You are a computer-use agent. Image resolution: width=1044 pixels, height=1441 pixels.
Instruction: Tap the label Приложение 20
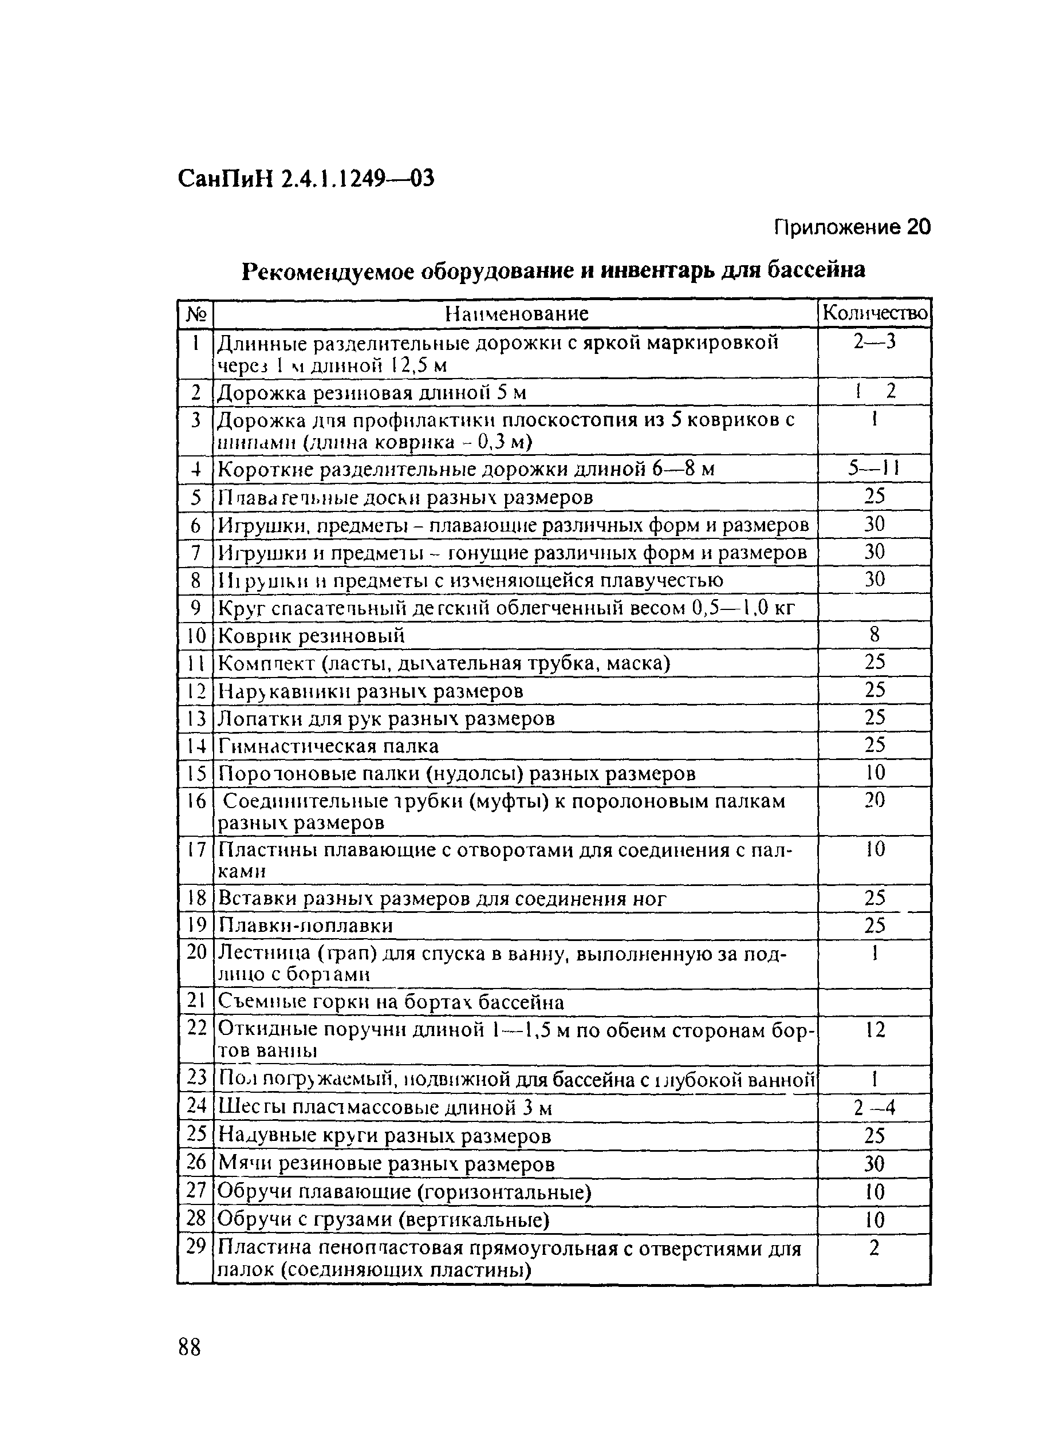[x=852, y=227]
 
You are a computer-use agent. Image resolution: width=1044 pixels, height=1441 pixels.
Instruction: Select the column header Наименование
[x=516, y=313]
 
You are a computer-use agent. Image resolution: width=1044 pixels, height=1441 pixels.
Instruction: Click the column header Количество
[x=874, y=313]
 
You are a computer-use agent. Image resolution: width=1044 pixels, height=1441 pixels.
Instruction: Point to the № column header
[x=196, y=314]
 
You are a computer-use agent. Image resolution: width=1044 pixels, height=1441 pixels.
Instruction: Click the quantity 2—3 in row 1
[x=874, y=342]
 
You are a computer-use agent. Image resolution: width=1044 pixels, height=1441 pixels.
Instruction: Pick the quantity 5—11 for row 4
[x=874, y=468]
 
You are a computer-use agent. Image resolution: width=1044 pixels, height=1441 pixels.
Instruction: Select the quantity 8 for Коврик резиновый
[x=874, y=634]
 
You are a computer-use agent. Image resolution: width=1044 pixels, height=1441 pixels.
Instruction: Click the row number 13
[x=196, y=719]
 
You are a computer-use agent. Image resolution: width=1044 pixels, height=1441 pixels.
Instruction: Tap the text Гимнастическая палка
[x=328, y=746]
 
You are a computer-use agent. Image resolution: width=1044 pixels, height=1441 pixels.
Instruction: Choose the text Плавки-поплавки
[x=306, y=926]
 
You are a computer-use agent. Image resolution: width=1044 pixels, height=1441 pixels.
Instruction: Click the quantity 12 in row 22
[x=874, y=1029]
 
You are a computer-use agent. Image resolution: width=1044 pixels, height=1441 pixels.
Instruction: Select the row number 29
[x=196, y=1247]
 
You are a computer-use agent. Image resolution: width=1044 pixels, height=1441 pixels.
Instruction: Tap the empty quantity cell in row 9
[x=874, y=608]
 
